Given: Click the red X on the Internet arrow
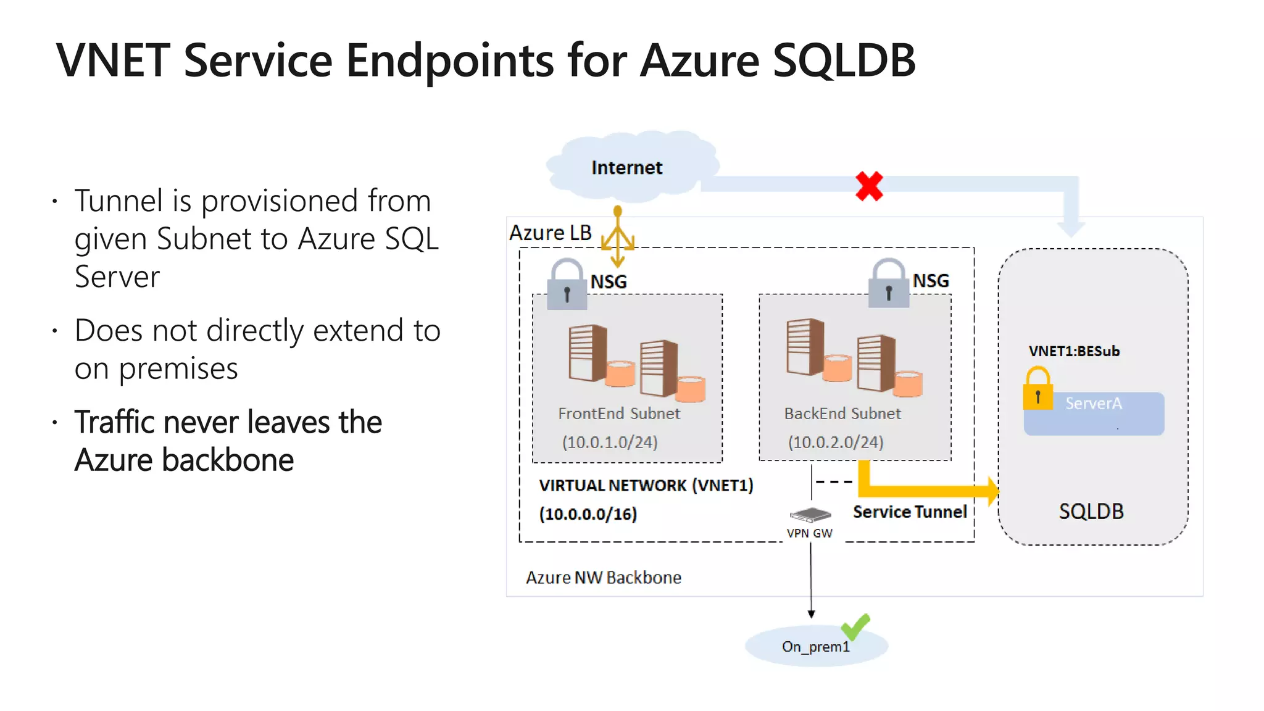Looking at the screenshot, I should (x=869, y=186).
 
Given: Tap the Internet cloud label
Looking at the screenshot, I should (x=626, y=168).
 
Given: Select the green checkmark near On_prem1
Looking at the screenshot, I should (x=855, y=627).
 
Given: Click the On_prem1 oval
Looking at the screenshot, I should (x=815, y=646).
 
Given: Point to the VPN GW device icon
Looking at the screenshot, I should (x=810, y=514).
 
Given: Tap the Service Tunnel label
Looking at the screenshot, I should (x=910, y=512).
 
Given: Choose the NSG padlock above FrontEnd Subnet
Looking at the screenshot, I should (x=567, y=285).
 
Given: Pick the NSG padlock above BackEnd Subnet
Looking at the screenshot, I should (x=888, y=284).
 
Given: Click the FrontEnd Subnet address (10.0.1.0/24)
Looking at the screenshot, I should (x=610, y=442).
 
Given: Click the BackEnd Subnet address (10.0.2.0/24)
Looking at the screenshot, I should (x=836, y=442).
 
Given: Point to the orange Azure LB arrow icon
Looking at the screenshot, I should (x=618, y=237).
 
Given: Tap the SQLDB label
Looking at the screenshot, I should (x=1091, y=512).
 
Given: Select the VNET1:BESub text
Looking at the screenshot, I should (x=1074, y=351).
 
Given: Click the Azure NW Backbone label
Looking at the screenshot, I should (x=603, y=578).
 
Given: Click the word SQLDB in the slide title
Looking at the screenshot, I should (x=844, y=60).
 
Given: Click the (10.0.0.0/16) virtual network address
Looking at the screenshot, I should (x=588, y=514).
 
